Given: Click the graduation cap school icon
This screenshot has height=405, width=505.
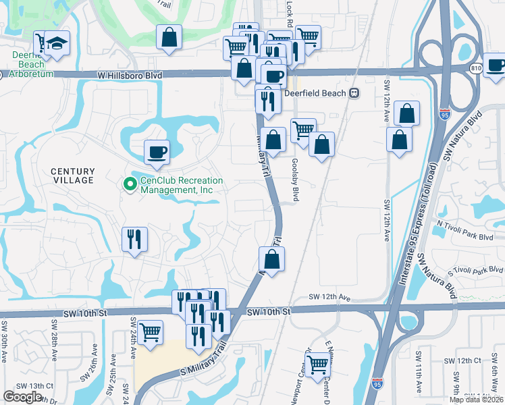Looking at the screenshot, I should [59, 43].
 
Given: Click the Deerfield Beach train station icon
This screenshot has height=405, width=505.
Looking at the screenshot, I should [353, 93].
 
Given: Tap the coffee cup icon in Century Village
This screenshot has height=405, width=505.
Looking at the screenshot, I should [157, 152].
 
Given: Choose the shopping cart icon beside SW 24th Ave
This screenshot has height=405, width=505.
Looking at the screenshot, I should [149, 331].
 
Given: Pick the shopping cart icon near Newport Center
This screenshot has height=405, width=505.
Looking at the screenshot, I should [317, 364].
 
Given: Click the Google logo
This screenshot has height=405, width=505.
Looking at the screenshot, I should [22, 397].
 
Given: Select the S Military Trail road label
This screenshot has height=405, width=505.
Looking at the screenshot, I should [203, 364].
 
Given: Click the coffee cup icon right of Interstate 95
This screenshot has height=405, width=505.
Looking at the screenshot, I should [496, 65].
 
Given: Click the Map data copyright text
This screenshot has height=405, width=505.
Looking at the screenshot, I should [476, 400].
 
